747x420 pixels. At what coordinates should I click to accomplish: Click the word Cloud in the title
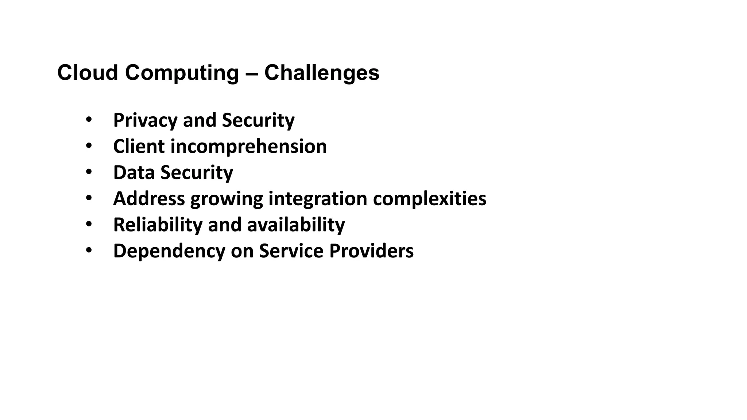tap(88, 73)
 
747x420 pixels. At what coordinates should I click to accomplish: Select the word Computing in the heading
tap(182, 73)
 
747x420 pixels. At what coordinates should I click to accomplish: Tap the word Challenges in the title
tap(322, 73)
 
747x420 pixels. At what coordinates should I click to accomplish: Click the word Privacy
tap(145, 121)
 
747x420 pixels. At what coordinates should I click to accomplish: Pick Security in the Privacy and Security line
tap(258, 121)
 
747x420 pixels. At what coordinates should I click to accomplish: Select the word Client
tap(139, 147)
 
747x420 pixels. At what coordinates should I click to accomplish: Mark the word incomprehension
tap(248, 147)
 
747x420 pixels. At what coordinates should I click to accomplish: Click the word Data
tap(134, 172)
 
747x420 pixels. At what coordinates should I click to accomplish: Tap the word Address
tap(149, 199)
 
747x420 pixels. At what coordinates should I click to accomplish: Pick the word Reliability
tap(158, 225)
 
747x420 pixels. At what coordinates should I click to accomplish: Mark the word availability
tap(296, 225)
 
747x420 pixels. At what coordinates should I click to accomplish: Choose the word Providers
tap(371, 251)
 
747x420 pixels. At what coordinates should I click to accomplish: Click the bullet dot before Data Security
tap(89, 172)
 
